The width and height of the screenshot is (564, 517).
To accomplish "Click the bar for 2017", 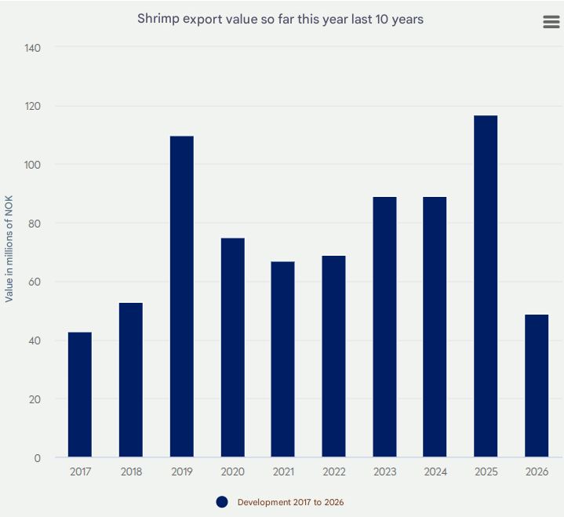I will click(x=80, y=395).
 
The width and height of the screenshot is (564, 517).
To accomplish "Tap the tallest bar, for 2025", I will click(x=486, y=286).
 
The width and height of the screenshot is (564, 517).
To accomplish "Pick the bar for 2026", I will click(x=537, y=386).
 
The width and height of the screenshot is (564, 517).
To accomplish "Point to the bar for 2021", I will click(x=283, y=359).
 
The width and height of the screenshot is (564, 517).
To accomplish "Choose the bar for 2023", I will click(x=384, y=327).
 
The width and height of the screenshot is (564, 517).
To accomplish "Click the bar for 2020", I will click(x=232, y=348).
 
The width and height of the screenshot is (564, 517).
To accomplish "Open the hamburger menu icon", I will click(x=551, y=22).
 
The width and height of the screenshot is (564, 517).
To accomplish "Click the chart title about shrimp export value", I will click(x=280, y=19).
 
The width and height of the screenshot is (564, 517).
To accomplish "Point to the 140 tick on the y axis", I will click(x=33, y=48).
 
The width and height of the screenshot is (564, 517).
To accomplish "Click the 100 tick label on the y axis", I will click(x=33, y=165).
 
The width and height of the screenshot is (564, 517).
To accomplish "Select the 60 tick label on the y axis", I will click(x=35, y=282).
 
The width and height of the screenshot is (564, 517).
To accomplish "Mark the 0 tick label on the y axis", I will click(x=38, y=458).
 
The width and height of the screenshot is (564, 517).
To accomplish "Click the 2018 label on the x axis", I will click(x=131, y=472).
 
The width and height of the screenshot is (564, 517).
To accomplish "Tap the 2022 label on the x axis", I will click(x=333, y=472).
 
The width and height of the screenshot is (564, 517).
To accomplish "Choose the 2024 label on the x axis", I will click(x=435, y=472).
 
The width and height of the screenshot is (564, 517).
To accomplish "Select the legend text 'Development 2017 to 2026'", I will click(x=290, y=502).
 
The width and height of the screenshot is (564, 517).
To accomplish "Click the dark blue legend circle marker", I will click(x=222, y=502).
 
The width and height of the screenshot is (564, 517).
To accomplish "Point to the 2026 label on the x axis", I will click(x=537, y=472).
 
